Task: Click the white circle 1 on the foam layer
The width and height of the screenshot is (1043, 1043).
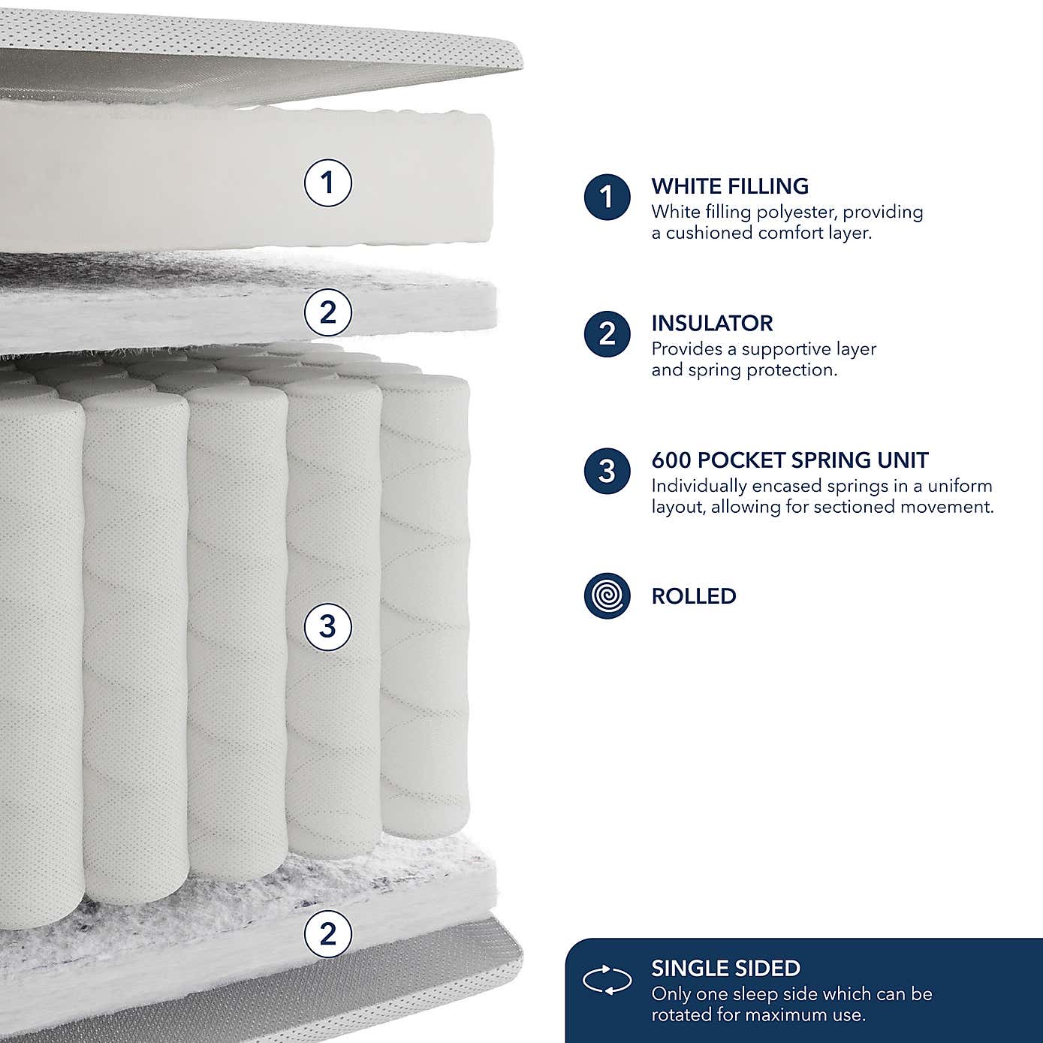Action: pyautogui.click(x=327, y=182)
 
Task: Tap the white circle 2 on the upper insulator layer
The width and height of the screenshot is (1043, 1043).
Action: pyautogui.click(x=327, y=312)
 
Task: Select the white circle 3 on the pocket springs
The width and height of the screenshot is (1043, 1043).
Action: pyautogui.click(x=327, y=626)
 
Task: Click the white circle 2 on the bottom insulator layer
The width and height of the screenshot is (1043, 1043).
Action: pyautogui.click(x=327, y=934)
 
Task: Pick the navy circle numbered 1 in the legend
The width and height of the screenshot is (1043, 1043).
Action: pyautogui.click(x=607, y=197)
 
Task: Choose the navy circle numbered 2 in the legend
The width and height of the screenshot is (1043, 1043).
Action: pyautogui.click(x=607, y=334)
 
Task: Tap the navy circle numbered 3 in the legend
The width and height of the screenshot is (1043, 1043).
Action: pyautogui.click(x=607, y=472)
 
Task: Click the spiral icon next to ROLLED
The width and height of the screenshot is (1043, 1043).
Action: pyautogui.click(x=607, y=595)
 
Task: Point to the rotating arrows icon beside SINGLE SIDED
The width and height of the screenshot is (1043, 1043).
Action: pyautogui.click(x=607, y=981)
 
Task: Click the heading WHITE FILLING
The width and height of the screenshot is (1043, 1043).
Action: pyautogui.click(x=730, y=186)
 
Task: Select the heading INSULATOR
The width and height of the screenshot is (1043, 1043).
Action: pyautogui.click(x=712, y=324)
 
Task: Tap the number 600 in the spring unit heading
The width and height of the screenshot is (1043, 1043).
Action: pyautogui.click(x=671, y=460)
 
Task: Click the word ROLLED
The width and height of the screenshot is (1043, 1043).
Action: pyautogui.click(x=693, y=596)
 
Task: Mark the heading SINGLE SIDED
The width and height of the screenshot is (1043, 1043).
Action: pyautogui.click(x=725, y=969)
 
